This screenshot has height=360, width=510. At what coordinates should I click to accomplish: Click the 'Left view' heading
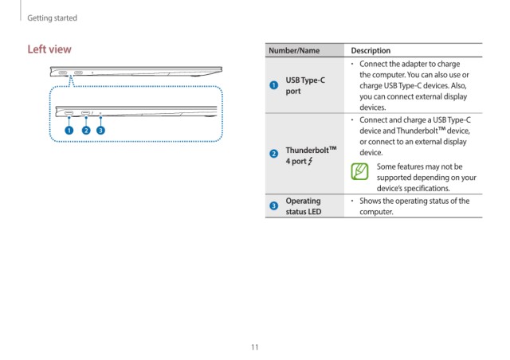click(x=49, y=49)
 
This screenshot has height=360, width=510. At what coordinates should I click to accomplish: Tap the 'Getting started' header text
click(x=52, y=18)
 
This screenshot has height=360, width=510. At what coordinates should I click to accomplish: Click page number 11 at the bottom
click(x=255, y=347)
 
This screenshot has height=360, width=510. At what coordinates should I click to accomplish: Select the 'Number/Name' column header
click(x=294, y=50)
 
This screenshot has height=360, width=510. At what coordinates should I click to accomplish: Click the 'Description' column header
click(x=371, y=50)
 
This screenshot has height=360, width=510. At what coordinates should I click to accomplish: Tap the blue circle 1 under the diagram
click(x=69, y=130)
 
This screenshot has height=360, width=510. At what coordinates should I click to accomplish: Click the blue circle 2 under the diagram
click(x=86, y=130)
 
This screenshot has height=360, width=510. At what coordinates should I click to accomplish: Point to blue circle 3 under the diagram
click(x=101, y=130)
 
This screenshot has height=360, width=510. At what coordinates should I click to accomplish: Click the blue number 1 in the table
click(x=274, y=85)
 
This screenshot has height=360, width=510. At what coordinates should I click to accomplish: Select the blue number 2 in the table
click(x=274, y=153)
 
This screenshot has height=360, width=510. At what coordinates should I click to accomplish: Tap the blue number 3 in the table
click(x=274, y=205)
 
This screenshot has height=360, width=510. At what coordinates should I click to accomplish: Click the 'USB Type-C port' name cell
click(x=305, y=85)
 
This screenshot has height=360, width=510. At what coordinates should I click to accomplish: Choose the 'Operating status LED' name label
click(x=304, y=206)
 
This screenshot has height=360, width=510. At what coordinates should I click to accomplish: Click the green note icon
click(x=359, y=171)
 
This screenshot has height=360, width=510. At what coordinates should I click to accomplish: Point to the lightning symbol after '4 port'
click(x=310, y=161)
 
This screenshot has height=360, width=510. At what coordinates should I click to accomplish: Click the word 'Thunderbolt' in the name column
click(x=307, y=150)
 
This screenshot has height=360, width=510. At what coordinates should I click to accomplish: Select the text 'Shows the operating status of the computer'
click(x=414, y=206)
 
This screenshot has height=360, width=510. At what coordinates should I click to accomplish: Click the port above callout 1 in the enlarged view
click(x=69, y=113)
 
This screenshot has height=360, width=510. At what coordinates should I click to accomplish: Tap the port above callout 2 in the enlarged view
click(x=85, y=113)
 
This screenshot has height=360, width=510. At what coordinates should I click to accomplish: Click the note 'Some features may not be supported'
click(x=426, y=178)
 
